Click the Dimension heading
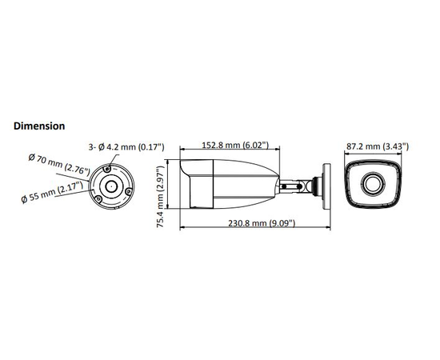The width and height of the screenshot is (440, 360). (x=39, y=126)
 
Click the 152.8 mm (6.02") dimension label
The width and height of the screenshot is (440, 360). (x=235, y=145)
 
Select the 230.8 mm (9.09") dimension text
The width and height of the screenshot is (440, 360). (x=262, y=223)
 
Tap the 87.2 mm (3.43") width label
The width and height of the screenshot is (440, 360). (x=378, y=146)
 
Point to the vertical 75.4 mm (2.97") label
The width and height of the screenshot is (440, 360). (x=160, y=197)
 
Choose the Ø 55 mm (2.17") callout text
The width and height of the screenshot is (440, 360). (x=52, y=192)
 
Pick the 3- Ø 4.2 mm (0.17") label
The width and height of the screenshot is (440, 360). (x=126, y=146)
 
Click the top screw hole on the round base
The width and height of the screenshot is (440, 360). (x=107, y=169)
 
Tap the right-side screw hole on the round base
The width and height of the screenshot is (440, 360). (x=128, y=192)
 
